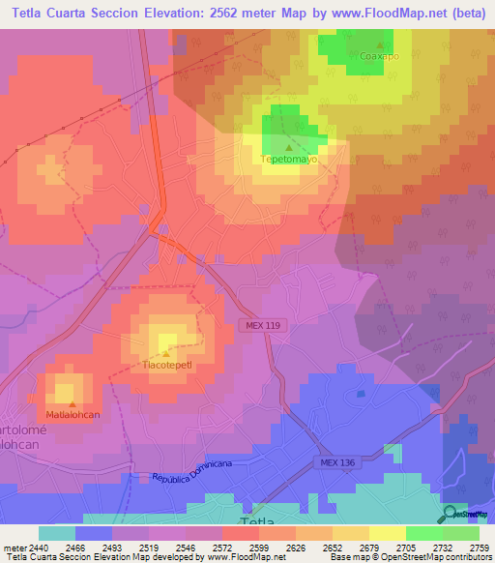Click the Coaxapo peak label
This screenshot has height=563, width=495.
point(379,56)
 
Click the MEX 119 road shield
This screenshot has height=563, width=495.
point(260,327)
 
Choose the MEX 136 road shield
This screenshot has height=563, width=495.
point(340,463)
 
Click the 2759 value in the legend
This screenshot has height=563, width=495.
point(479,547)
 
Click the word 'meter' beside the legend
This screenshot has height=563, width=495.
point(14,547)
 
